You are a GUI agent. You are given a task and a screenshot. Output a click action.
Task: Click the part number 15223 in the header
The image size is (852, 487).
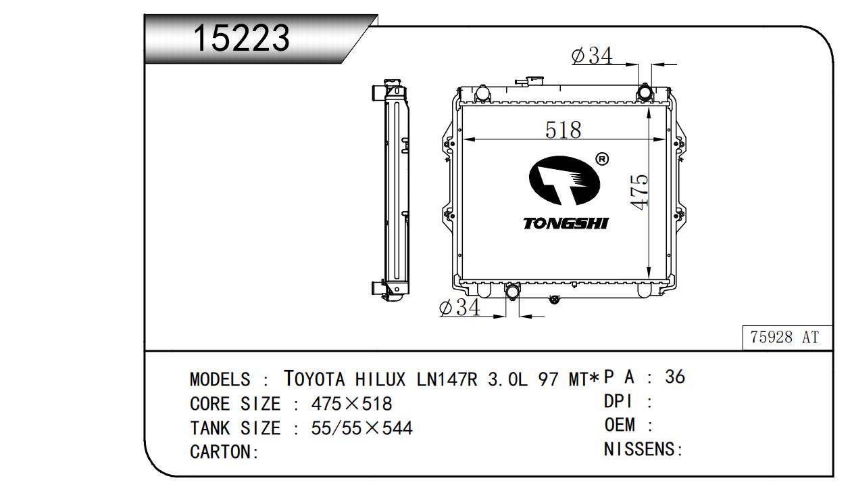click(242, 38)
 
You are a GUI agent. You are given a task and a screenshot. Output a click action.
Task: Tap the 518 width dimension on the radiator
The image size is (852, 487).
click(563, 130)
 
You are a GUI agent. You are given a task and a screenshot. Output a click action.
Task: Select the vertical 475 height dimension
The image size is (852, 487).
click(640, 192)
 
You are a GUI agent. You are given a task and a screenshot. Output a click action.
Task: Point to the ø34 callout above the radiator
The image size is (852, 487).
click(592, 55)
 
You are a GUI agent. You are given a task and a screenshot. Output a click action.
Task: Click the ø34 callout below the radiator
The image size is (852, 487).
click(459, 307)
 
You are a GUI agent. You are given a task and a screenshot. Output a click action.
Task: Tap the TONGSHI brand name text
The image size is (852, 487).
click(566, 223)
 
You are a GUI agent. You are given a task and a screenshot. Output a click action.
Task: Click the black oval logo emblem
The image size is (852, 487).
click(564, 181)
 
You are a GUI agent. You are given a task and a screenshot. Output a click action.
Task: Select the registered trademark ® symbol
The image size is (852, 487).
click(601, 159)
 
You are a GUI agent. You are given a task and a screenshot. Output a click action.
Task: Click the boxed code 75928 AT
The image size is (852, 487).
click(784, 338)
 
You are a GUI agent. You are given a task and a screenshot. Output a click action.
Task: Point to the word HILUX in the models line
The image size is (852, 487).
click(380, 379)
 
